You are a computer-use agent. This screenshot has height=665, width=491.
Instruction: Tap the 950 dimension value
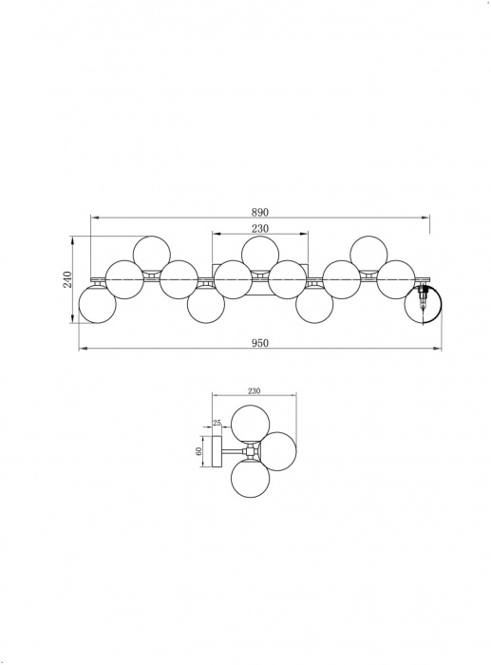259,343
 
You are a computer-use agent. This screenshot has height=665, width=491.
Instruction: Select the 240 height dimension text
67,279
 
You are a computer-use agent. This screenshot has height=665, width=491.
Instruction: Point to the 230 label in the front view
260,229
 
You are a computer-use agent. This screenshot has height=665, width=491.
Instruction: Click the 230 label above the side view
254,390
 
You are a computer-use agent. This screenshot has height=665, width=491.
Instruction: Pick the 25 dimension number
217,423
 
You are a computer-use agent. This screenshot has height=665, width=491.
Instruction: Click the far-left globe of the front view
97,304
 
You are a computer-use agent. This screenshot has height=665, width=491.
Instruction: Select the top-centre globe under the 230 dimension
260,254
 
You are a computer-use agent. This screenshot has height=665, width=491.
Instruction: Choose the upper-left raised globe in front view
151,254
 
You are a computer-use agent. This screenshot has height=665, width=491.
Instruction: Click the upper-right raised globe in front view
368,254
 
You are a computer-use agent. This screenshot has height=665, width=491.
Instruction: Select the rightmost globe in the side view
277,451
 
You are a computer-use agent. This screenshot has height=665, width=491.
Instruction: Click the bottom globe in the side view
249,478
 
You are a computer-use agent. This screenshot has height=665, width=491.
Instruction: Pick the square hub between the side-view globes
250,452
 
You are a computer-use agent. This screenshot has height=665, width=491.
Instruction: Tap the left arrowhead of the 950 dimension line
81,351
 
